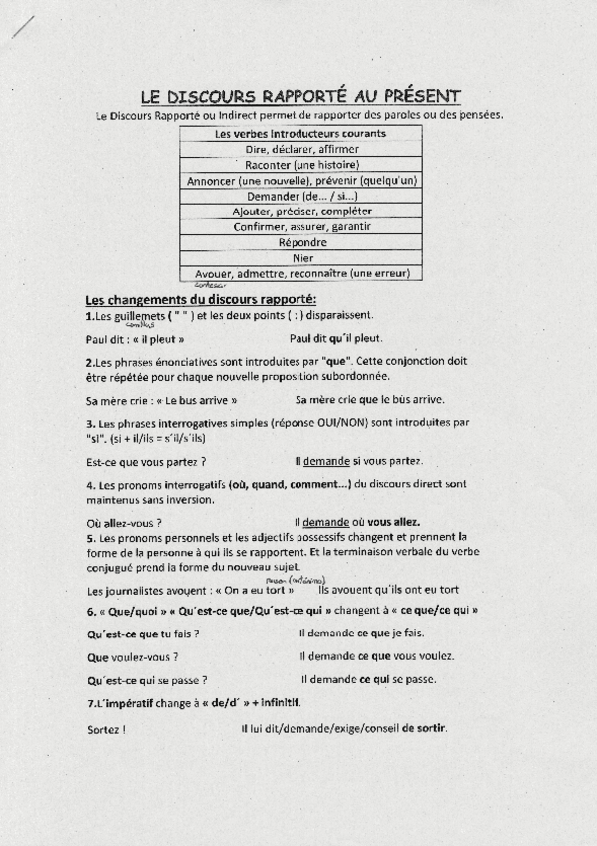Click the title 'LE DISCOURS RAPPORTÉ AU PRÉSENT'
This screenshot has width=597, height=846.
(300, 97)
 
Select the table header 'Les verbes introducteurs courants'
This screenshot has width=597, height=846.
(300, 133)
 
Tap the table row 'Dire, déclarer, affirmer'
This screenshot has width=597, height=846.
(300, 149)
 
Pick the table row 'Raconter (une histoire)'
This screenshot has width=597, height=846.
(300, 165)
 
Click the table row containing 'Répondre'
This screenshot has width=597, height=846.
(300, 242)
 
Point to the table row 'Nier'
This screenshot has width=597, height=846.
(300, 257)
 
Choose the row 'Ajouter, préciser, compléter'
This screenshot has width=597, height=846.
(300, 211)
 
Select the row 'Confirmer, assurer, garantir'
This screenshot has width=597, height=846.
(300, 226)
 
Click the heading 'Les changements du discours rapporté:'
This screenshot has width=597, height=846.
(201, 299)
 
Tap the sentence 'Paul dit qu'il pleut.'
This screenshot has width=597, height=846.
(335, 339)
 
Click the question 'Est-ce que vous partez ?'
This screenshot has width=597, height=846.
(146, 461)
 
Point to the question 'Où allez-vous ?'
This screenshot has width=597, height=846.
(124, 522)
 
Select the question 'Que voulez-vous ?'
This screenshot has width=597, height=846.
(133, 657)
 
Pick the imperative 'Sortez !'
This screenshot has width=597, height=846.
(106, 728)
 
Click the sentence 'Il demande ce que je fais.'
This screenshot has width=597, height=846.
(361, 633)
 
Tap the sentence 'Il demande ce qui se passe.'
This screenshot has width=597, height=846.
(367, 680)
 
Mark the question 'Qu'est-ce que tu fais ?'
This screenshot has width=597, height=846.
(143, 634)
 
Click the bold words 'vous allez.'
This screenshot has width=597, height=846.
(393, 522)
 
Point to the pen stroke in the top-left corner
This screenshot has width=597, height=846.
(22, 27)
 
